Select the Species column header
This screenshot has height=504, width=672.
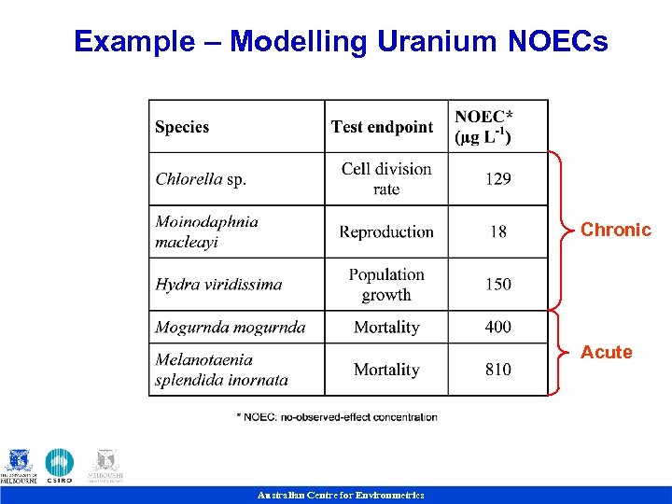click(182, 127)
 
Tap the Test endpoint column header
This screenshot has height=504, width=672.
click(382, 127)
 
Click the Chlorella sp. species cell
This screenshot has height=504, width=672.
click(201, 179)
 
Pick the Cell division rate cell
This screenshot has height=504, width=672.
click(386, 179)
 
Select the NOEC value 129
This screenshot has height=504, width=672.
click(497, 179)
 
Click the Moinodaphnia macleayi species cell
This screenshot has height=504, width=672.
click(207, 232)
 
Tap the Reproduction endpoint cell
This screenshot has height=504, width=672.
click(386, 232)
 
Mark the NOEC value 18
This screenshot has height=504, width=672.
click(498, 232)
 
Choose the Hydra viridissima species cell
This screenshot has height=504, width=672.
click(218, 285)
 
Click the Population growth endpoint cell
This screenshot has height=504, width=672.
click(386, 285)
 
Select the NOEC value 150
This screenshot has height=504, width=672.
click(497, 285)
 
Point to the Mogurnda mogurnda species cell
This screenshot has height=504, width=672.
click(230, 328)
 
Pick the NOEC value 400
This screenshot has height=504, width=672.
click(497, 328)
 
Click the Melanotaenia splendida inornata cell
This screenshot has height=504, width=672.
click(221, 370)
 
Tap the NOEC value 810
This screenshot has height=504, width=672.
click(497, 370)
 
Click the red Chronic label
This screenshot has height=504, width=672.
click(615, 230)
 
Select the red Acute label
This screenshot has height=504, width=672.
click(606, 352)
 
